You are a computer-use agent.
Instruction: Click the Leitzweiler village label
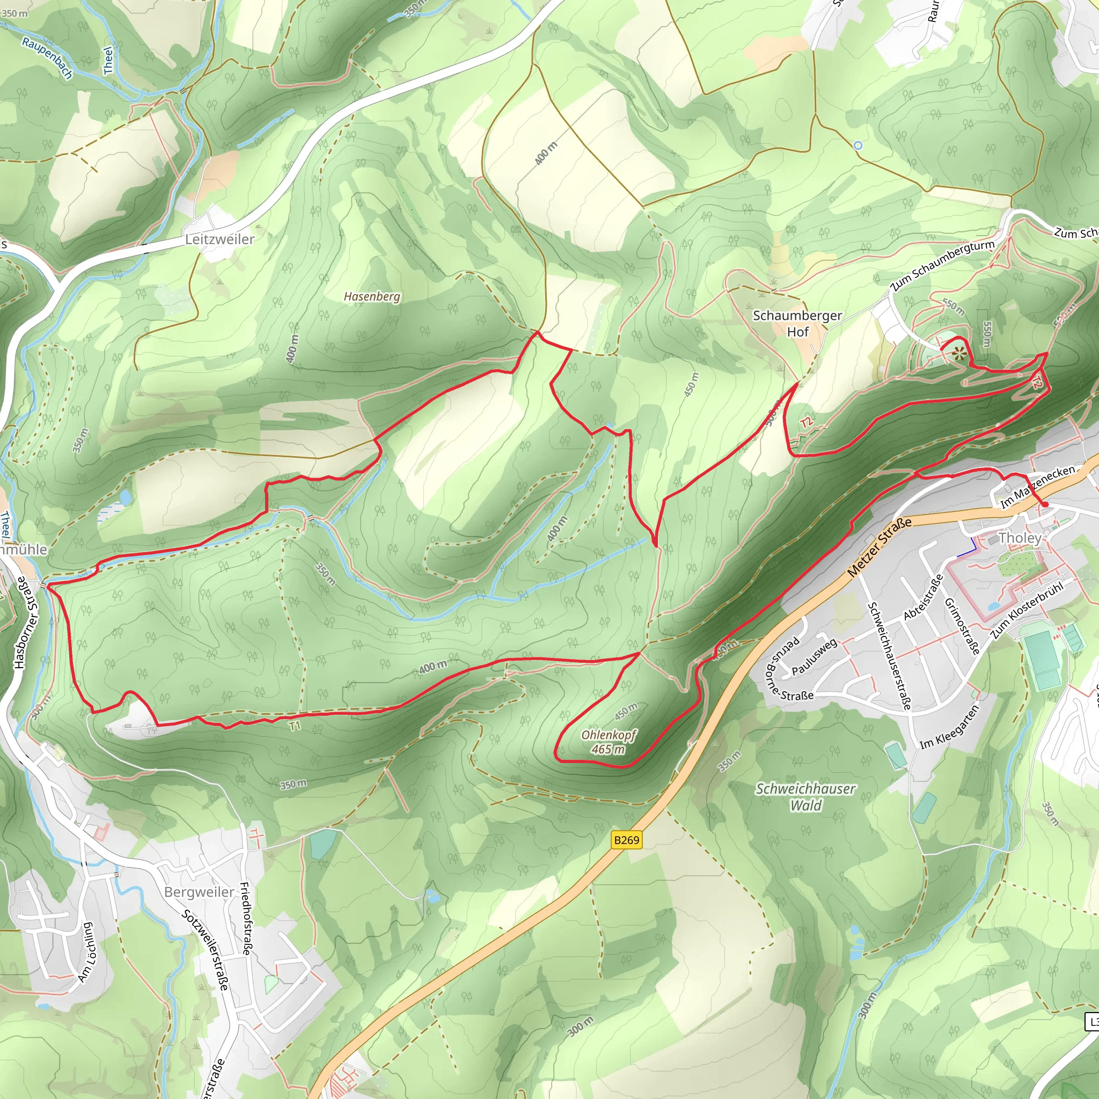[219, 239]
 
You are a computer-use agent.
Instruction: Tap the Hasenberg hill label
[372, 296]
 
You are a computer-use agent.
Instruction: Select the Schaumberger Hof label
[797, 323]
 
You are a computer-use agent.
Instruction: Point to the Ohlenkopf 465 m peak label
[608, 742]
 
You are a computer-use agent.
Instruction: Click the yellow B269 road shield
[627, 840]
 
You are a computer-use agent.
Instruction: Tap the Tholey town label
[1020, 538]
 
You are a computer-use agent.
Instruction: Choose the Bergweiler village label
[199, 891]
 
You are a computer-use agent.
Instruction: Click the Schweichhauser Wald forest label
[805, 796]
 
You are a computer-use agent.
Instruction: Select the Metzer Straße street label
[880, 547]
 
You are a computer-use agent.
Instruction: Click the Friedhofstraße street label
[246, 918]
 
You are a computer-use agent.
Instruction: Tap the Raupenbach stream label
[47, 57]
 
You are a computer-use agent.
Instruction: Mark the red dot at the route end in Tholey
[1045, 504]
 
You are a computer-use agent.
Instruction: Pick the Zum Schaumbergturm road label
[942, 265]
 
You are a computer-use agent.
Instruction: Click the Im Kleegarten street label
[949, 728]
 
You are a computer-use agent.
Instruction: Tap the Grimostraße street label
[962, 626]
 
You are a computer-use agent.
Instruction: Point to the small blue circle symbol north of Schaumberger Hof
[858, 145]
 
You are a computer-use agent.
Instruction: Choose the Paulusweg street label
[815, 656]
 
